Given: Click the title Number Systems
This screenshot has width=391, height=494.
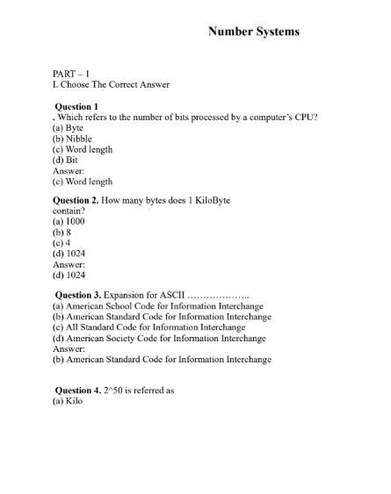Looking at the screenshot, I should click(x=253, y=32).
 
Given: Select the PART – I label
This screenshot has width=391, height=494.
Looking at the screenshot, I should click(x=71, y=74).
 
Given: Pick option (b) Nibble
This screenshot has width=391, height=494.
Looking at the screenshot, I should click(x=72, y=139).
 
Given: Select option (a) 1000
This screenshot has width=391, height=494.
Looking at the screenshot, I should click(x=69, y=222).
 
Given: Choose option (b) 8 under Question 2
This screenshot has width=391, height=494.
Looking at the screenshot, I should click(x=63, y=233).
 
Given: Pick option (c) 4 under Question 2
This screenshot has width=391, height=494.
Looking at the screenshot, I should click(x=62, y=243).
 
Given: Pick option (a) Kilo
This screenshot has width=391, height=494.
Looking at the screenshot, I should click(x=68, y=401).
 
